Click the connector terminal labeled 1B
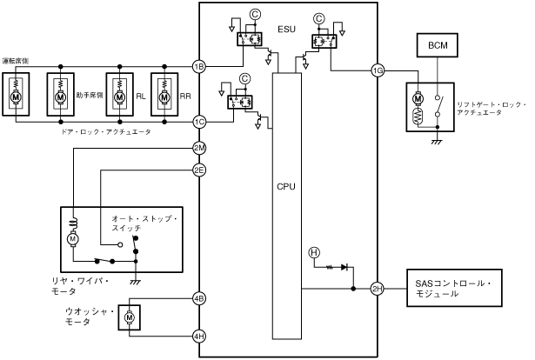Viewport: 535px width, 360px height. pos(199,66)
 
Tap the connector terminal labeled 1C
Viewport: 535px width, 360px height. pos(199,122)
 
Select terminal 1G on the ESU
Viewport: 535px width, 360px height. pos(377,70)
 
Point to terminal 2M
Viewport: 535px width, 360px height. pos(199,148)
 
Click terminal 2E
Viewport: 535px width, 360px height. pos(199,170)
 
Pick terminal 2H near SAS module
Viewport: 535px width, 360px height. pos(377,289)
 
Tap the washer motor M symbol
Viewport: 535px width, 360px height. pos(129,319)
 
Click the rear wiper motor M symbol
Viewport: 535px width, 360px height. pos(74,237)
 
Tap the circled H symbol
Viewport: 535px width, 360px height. pos(314,252)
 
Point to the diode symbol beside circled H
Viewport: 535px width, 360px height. pos(344,268)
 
